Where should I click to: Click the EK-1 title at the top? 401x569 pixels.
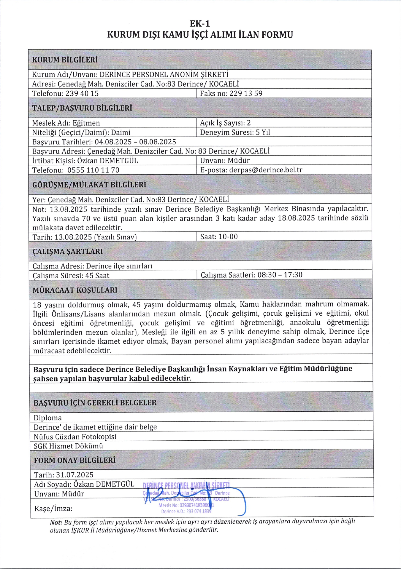pos(200,23)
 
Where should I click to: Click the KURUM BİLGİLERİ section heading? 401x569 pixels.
pos(65,60)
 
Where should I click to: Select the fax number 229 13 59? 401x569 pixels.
pos(246,93)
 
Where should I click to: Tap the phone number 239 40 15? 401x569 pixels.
pos(82,93)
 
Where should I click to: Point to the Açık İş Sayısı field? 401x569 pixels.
pos(225,123)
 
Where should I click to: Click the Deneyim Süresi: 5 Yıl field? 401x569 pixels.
pos(235,132)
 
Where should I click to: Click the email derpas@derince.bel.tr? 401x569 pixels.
pos(266,170)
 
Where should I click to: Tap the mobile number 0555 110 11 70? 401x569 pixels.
pos(93,170)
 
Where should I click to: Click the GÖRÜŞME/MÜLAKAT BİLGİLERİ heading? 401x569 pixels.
pos(89,185)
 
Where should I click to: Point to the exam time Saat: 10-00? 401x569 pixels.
pos(219,236)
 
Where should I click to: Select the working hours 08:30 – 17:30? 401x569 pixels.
pos(280,275)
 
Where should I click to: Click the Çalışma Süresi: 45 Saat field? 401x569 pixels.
pos(71,276)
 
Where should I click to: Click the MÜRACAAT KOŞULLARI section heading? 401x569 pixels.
pos(75,290)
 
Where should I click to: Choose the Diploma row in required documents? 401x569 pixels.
pos(47,418)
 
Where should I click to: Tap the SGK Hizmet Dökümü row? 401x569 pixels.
pos(68,446)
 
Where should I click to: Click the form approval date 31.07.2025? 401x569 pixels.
pos(75,475)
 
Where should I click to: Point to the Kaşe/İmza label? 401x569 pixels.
pos(53,509)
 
